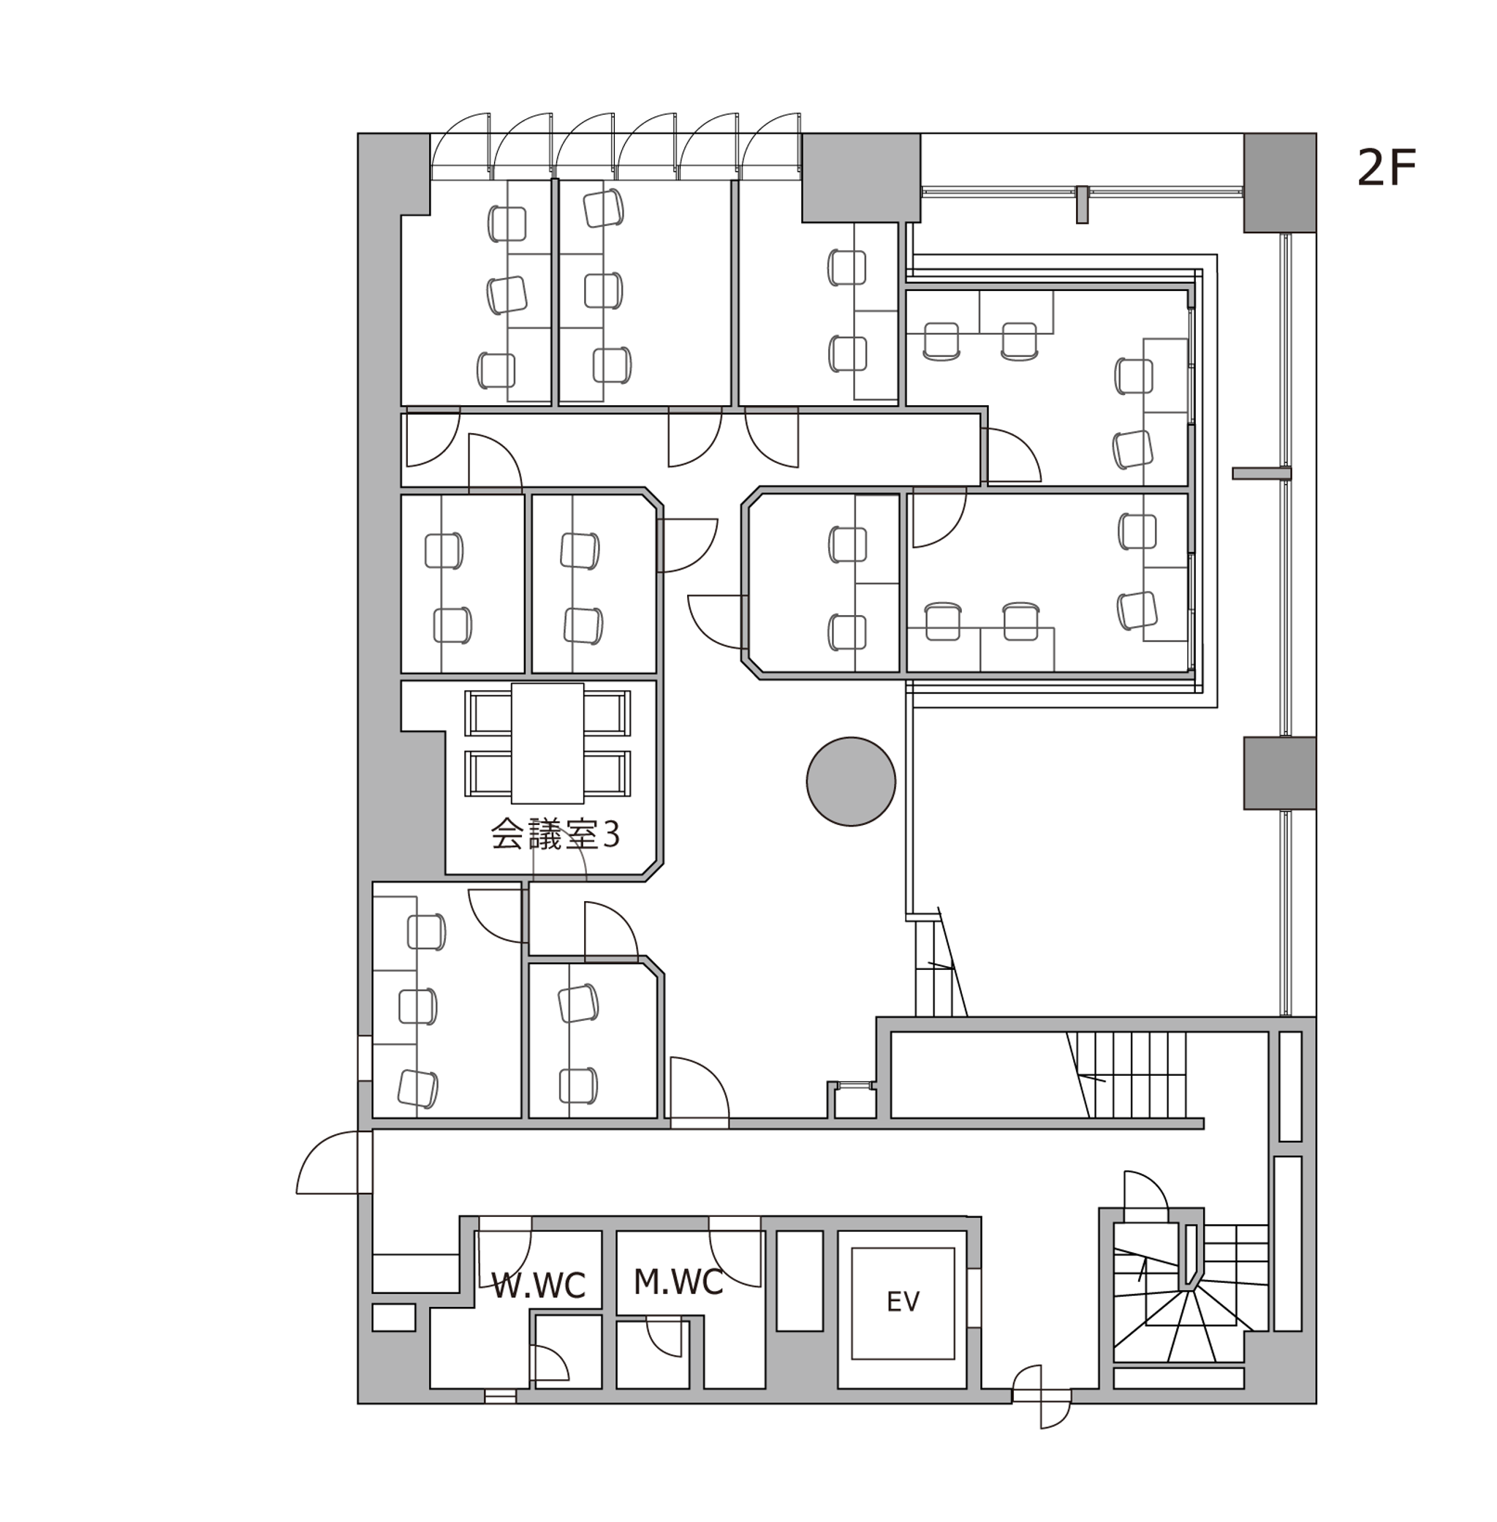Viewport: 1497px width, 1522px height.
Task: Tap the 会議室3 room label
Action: click(555, 835)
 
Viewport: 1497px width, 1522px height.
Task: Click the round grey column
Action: click(851, 781)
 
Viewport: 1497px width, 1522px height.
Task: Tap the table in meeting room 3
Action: click(547, 743)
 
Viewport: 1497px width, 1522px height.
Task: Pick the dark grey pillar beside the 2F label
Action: click(1279, 183)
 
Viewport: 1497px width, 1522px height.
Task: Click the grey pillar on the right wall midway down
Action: click(1279, 772)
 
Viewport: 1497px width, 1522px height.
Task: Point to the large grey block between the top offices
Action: click(861, 178)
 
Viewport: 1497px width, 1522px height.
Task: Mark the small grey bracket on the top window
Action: click(1082, 205)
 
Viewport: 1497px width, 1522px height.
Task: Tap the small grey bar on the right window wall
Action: click(1261, 472)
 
